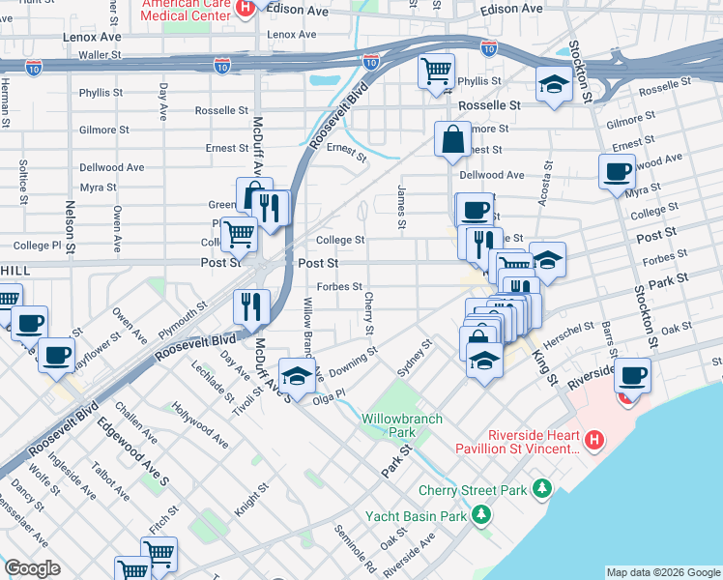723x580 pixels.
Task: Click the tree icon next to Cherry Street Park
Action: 543,489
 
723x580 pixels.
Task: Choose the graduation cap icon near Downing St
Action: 297,373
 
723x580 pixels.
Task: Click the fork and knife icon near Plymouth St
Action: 251,305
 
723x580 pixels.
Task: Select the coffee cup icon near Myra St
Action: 616,172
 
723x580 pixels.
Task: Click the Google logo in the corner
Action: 32,568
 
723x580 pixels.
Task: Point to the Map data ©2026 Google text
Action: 663,572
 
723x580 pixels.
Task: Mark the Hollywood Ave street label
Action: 199,425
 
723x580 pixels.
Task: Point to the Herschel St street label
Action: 570,330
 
